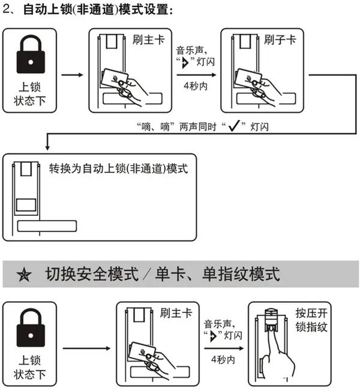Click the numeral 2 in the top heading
7,10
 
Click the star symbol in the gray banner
25,276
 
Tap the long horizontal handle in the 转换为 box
47,226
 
